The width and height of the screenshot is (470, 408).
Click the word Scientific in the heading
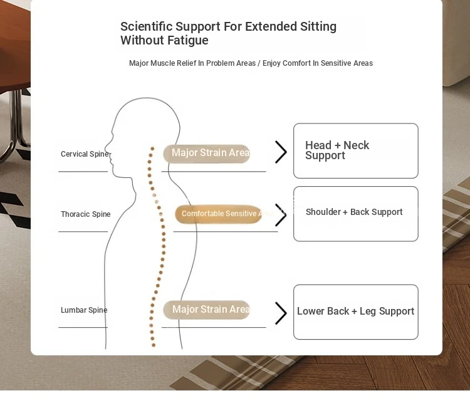146,26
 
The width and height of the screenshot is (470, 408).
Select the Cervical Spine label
85,154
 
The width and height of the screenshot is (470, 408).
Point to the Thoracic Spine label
86,214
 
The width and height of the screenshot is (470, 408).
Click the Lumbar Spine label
84,310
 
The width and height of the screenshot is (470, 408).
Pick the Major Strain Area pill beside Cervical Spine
207,154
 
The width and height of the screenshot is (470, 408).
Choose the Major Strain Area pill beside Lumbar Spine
207,310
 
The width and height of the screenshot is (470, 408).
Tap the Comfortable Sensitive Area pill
219,214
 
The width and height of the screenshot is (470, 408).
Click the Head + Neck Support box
356,151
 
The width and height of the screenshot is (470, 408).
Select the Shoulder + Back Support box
356,214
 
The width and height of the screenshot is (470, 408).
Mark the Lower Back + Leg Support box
356,312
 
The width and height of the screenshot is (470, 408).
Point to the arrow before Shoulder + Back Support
281,215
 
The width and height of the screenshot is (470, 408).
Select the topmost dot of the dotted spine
152,149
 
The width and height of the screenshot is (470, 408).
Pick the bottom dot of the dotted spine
154,345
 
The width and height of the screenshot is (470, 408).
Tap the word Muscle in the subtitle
162,63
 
